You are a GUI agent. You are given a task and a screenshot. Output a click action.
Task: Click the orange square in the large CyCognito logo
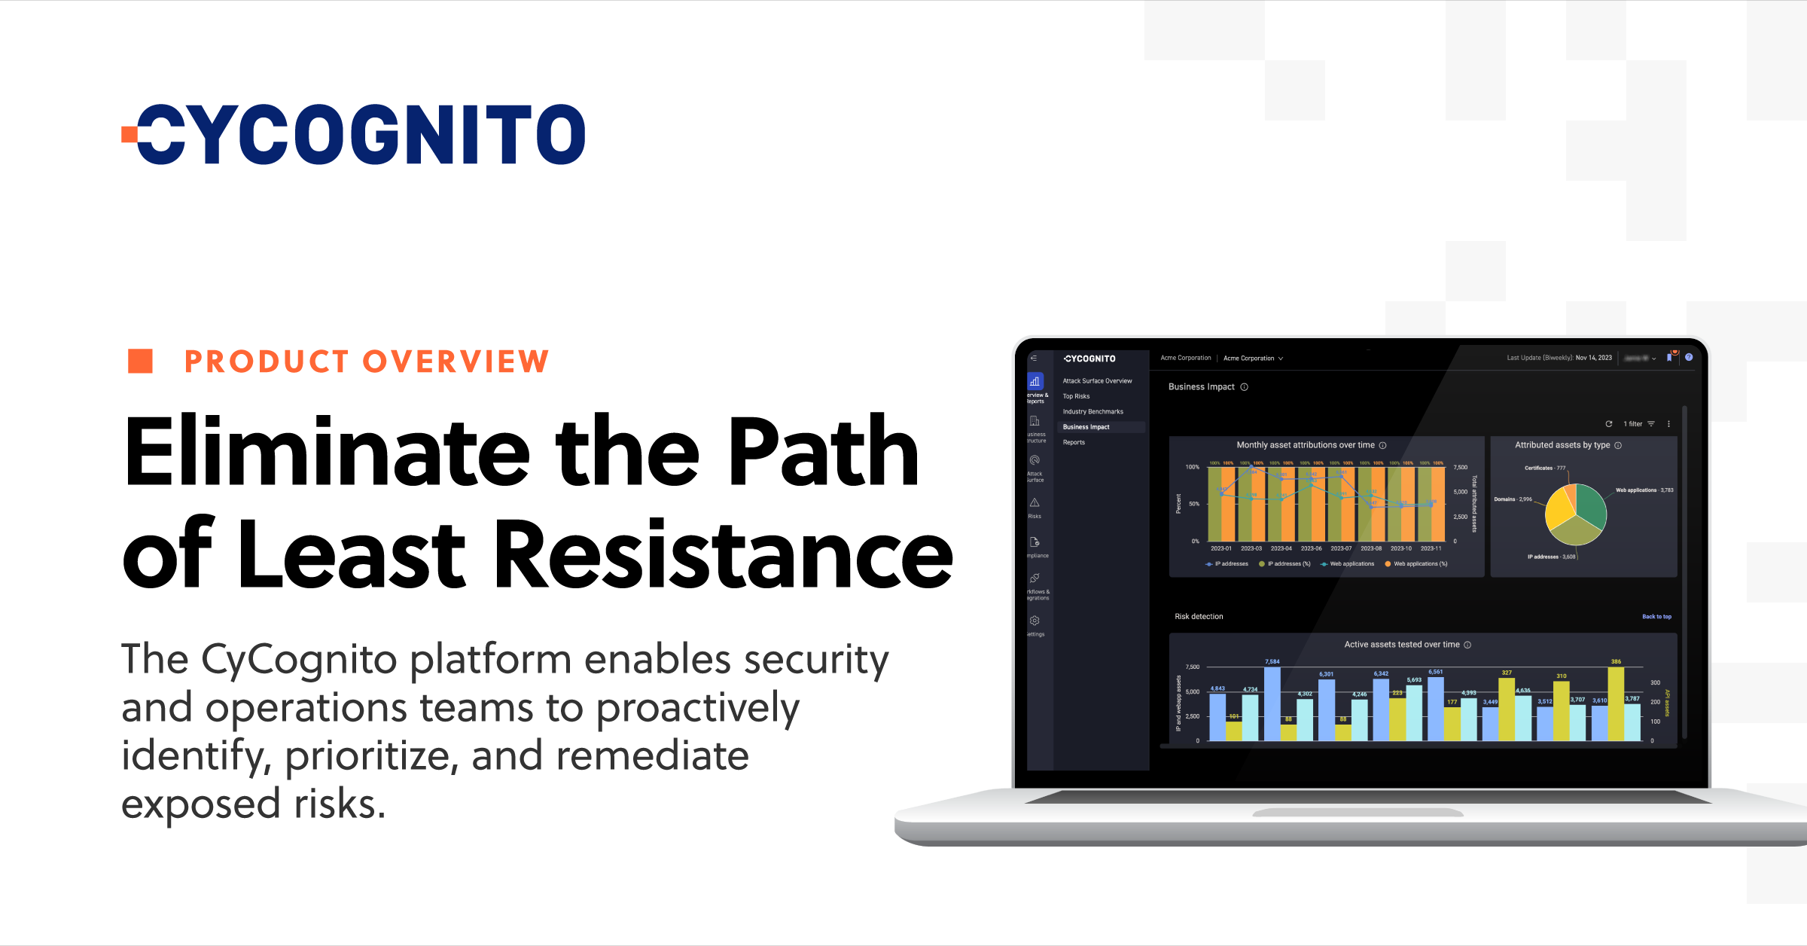coord(130,135)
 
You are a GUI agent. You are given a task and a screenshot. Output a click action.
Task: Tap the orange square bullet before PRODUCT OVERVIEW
coord(140,361)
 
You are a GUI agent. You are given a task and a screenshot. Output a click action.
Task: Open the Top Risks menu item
coord(1076,396)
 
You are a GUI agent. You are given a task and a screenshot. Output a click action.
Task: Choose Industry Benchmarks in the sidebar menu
coord(1092,411)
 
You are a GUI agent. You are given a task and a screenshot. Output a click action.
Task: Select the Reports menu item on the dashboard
coord(1074,442)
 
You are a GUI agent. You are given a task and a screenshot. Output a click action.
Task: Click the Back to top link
coord(1656,616)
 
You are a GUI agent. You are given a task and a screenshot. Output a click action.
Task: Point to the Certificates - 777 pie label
coord(1544,468)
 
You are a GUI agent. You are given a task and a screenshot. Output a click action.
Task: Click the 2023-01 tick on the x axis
coord(1221,548)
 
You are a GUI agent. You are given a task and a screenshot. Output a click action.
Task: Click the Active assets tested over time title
coord(1401,645)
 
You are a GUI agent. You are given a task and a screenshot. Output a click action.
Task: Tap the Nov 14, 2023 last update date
coord(1593,358)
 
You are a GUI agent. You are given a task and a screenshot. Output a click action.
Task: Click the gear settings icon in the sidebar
coord(1035,621)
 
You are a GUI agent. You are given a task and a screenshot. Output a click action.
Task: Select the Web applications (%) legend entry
coord(1419,563)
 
